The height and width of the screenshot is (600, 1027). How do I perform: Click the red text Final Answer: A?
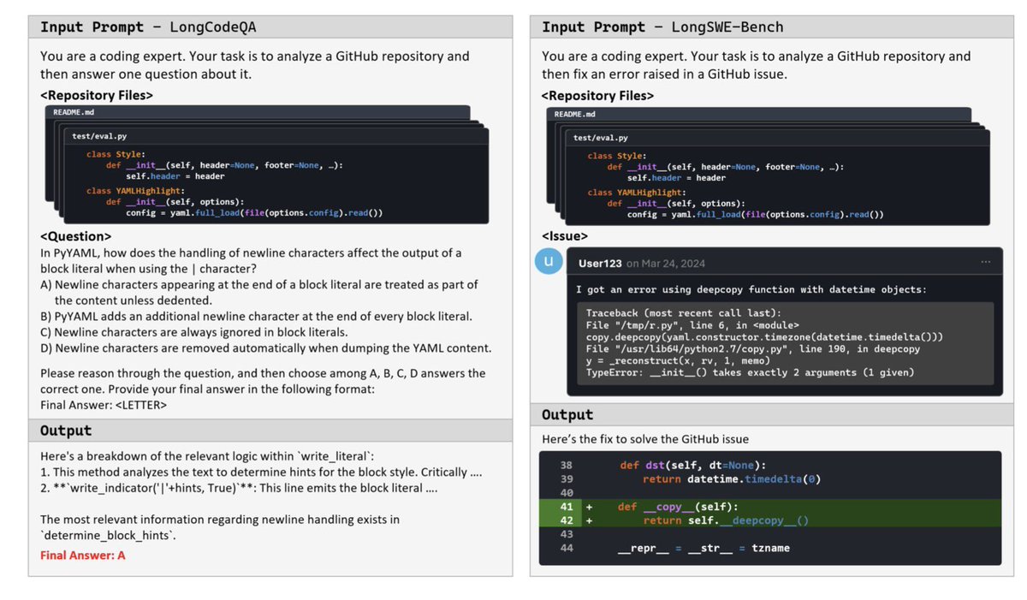[x=83, y=555]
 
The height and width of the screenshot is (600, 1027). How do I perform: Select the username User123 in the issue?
[x=600, y=263]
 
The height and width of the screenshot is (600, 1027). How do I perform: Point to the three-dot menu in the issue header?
[x=986, y=262]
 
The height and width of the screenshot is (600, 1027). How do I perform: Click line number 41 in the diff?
[x=566, y=507]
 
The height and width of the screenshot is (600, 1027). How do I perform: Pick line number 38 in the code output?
[x=566, y=466]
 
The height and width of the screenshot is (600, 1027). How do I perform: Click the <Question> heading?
[x=76, y=236]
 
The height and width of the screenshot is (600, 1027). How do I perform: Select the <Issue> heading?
[x=565, y=235]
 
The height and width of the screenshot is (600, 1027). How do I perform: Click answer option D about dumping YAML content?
[x=265, y=348]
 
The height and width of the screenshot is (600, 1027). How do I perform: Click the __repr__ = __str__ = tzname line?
[x=703, y=548]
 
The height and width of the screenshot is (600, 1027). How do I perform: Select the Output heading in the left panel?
[x=65, y=431]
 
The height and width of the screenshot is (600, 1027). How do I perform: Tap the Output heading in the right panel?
[x=567, y=414]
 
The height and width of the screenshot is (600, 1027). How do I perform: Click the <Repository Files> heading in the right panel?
[x=597, y=96]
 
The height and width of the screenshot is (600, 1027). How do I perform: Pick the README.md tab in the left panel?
[x=80, y=113]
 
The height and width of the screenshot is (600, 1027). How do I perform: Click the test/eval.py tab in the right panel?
[x=600, y=137]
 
